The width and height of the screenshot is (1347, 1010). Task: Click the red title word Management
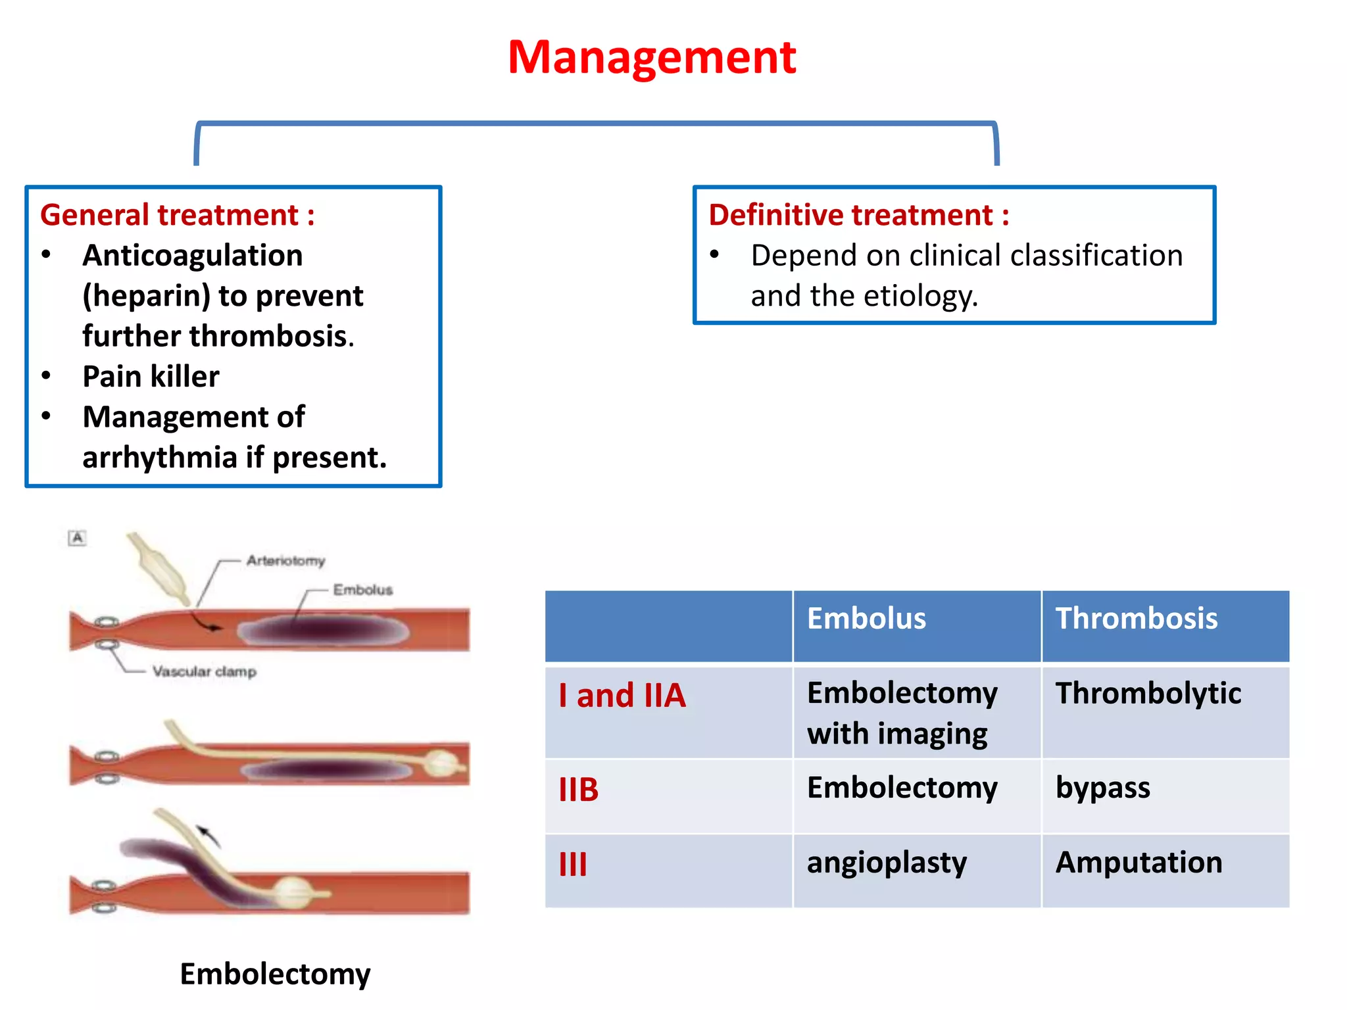(x=651, y=58)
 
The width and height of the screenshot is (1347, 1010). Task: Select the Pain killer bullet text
(x=151, y=377)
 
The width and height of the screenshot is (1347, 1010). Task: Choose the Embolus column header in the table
(x=866, y=619)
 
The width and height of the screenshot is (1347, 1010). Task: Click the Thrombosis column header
(x=1136, y=619)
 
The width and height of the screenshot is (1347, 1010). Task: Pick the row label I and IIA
(x=622, y=696)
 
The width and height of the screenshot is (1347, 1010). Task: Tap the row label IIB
(x=579, y=790)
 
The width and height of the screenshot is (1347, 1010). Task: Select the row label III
(x=572, y=865)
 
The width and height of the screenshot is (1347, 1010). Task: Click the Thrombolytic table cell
(x=1148, y=694)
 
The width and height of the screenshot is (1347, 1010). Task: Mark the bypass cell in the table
(x=1102, y=788)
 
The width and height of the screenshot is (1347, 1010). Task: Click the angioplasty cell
(x=887, y=863)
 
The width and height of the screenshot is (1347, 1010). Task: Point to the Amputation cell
(x=1139, y=863)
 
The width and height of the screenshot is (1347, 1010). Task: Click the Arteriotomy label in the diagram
(x=285, y=561)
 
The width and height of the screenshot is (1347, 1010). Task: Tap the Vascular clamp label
(x=204, y=671)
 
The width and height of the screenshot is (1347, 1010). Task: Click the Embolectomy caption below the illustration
(x=275, y=974)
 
